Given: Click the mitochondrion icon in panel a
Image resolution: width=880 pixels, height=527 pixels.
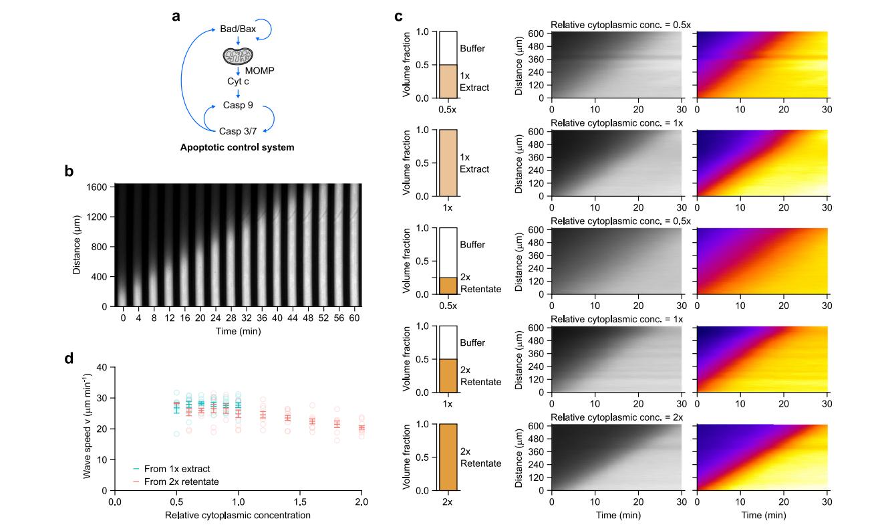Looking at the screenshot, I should click(x=238, y=56).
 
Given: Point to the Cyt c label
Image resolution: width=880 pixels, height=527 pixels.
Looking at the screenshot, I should click(x=238, y=80).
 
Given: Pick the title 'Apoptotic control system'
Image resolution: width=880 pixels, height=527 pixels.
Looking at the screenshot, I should click(x=237, y=146).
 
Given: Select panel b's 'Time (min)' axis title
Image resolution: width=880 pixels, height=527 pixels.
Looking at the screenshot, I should click(x=237, y=331).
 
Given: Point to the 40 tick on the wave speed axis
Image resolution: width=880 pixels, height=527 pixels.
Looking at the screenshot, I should click(x=102, y=367).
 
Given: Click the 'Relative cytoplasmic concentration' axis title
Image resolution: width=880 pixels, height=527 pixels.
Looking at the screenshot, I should click(x=237, y=516).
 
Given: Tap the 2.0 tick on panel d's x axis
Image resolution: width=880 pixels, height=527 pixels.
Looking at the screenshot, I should click(x=361, y=501).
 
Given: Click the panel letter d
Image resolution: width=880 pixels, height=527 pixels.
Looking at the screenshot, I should click(x=69, y=358).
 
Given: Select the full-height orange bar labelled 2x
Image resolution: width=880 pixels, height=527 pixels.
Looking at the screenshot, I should click(x=448, y=457).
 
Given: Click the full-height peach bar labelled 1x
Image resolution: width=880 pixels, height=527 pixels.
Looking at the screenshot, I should click(x=448, y=163).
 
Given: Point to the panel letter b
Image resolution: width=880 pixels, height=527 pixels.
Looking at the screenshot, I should click(x=69, y=171).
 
